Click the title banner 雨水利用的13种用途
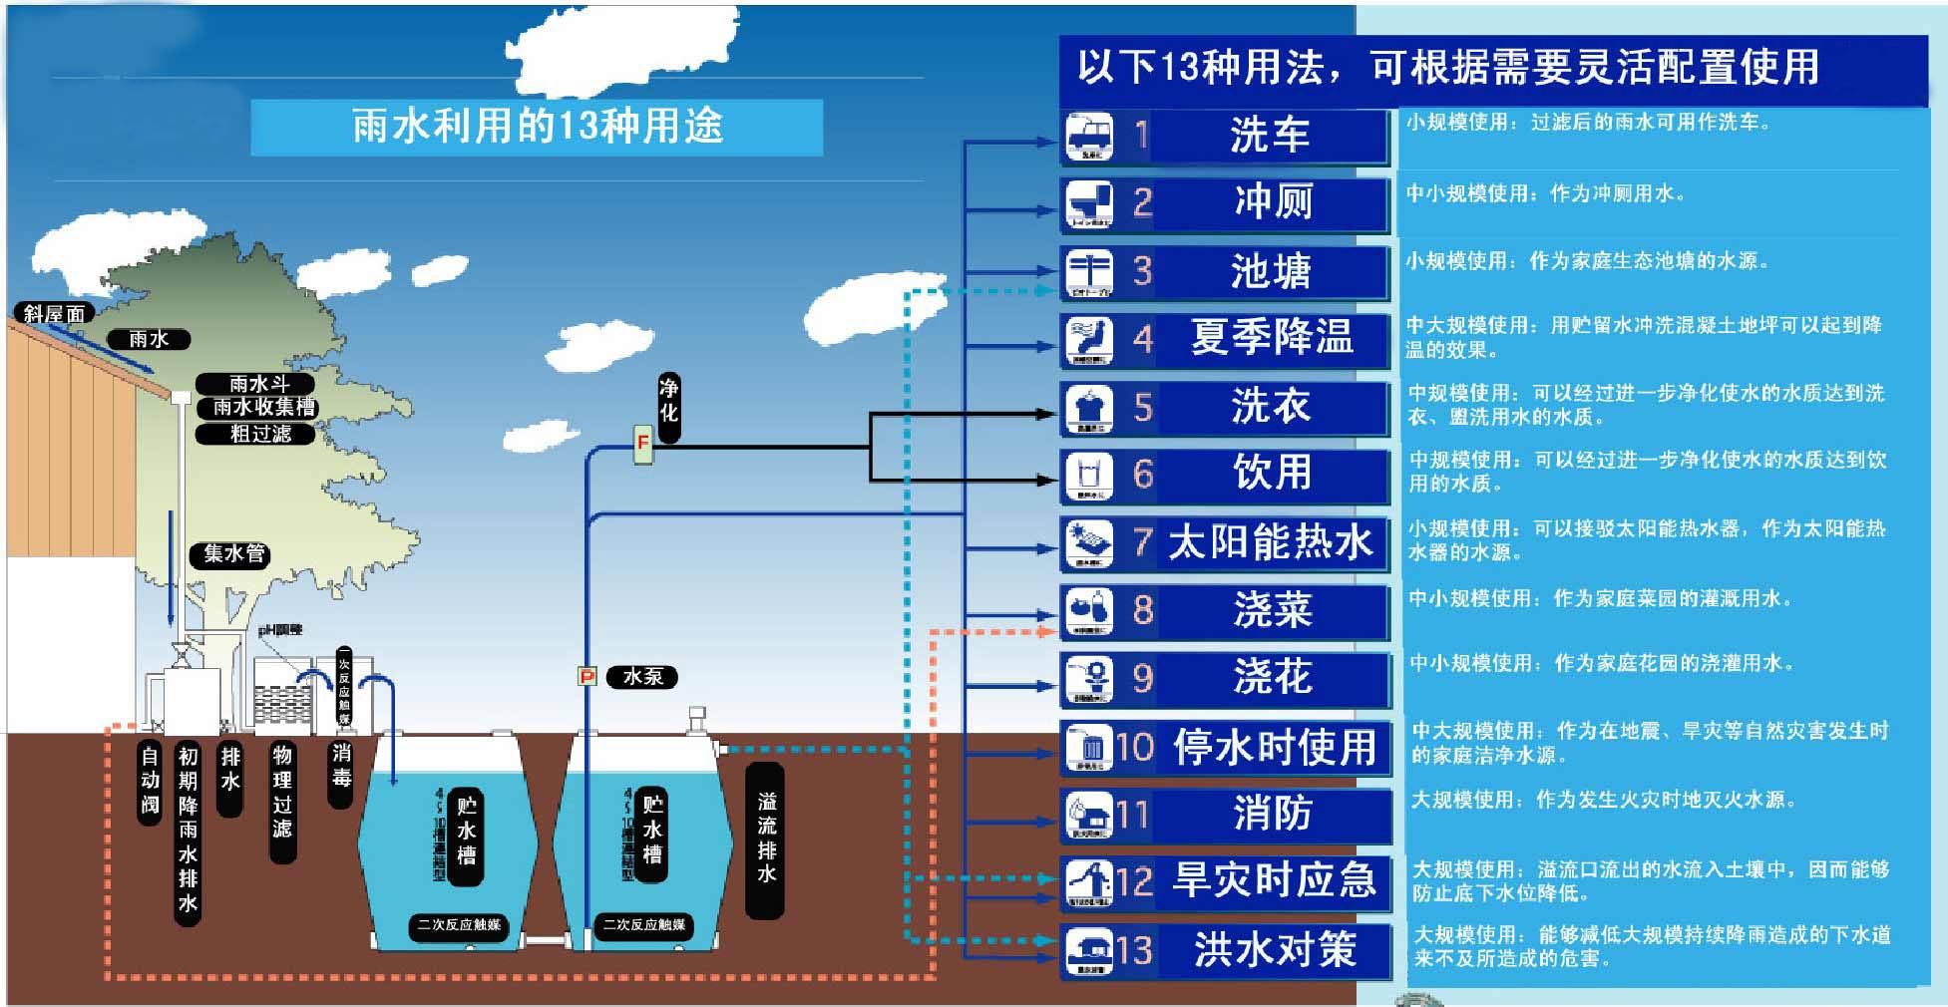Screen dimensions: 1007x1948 pos(537,127)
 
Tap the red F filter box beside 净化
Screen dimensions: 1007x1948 pos(643,444)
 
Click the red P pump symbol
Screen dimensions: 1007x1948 pos(587,677)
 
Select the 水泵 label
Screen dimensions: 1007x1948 pos(642,677)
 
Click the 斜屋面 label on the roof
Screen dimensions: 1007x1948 pos(54,313)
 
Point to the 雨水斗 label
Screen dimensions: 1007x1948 pos(257,384)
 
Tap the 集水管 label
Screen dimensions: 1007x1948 pos(234,554)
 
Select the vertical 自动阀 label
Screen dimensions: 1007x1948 pos(150,780)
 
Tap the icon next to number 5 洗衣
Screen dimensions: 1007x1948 pos(1089,408)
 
